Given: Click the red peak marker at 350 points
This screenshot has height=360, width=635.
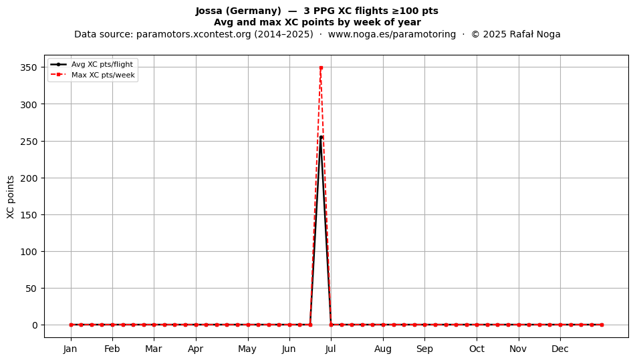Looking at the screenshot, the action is (321, 67).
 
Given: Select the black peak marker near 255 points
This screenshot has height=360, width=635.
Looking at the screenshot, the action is (321, 138).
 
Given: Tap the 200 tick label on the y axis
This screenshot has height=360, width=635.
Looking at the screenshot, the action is (29, 178).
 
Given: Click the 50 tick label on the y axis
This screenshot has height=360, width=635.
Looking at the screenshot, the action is (31, 289).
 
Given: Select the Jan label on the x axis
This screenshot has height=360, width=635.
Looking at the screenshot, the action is (70, 349).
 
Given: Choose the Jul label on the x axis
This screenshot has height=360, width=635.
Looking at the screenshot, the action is (330, 349).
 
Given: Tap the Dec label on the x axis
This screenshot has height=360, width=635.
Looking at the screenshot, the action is (560, 349).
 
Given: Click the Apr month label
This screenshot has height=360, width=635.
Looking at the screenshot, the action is (196, 349).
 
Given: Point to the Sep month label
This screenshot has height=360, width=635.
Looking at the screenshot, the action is (424, 349).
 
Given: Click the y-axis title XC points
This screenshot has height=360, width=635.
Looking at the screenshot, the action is (11, 197).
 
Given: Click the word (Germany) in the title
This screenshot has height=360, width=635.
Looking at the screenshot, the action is (254, 11).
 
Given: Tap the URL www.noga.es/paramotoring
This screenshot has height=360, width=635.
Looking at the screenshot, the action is (392, 34).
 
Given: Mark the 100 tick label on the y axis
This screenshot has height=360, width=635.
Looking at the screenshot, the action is (29, 252).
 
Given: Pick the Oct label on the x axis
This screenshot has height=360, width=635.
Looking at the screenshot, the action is (477, 349).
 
